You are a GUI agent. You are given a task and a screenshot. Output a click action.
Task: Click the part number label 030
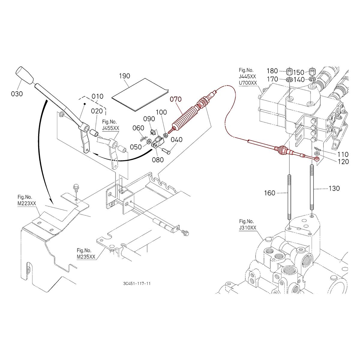click(16, 94)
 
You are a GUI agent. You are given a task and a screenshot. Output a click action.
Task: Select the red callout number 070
click(176, 99)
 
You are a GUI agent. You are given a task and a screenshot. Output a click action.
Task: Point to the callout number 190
click(124, 76)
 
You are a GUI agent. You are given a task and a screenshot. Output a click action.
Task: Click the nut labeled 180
click(289, 72)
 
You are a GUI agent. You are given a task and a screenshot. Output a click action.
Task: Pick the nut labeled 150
click(312, 72)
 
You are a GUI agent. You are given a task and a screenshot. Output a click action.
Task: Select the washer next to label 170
click(289, 80)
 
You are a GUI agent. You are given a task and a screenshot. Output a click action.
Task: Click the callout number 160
click(269, 193)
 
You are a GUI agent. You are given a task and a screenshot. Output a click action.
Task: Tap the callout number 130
click(334, 188)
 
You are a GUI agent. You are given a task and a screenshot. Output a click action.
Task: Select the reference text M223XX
click(26, 203)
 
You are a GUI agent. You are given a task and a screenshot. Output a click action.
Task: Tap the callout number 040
click(177, 139)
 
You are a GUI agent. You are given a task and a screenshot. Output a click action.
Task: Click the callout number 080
click(158, 160)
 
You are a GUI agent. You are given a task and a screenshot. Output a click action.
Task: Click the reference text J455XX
click(111, 128)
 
